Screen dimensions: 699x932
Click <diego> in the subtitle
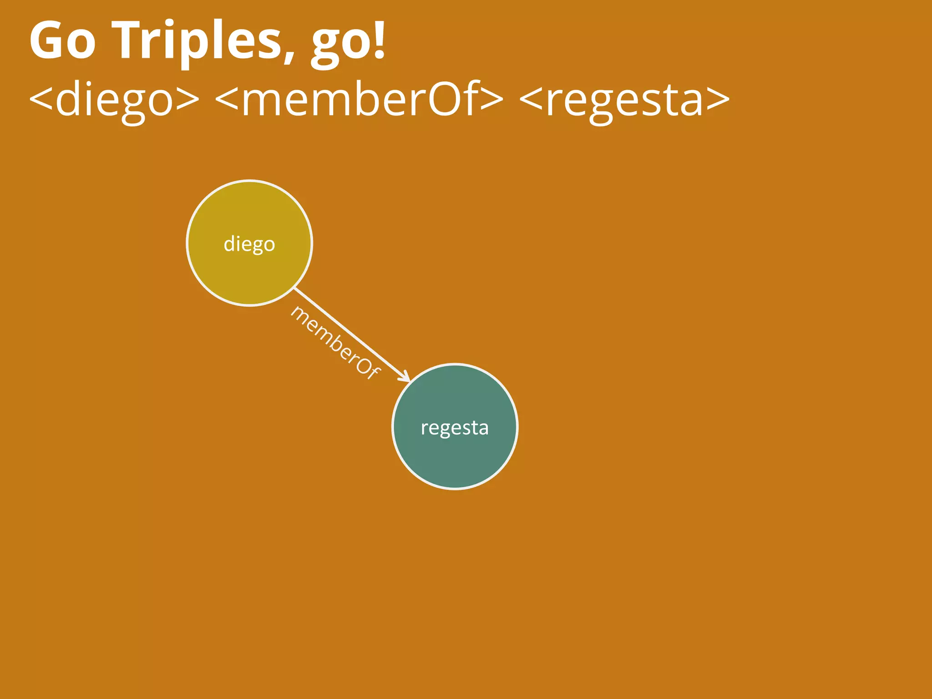(114, 99)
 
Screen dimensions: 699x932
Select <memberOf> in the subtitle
(359, 99)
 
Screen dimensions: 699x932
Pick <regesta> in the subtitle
(624, 99)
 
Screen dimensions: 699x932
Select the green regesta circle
(455, 460)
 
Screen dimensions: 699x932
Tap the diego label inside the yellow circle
(249, 244)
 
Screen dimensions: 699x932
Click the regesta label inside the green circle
(455, 428)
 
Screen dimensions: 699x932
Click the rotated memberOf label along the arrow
(335, 342)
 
